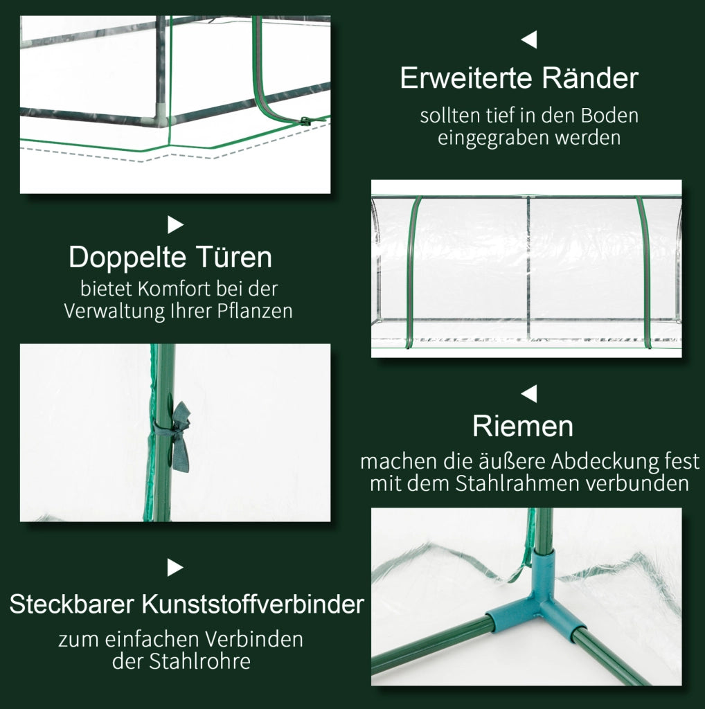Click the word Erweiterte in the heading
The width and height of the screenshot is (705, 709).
467,78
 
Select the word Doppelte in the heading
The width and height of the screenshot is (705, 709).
127,258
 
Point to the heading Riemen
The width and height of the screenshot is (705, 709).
523,426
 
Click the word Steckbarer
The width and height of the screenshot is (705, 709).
71,604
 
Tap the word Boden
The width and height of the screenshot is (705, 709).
609,116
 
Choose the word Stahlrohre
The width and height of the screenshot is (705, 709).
200,661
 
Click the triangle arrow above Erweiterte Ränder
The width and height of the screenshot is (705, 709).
529,39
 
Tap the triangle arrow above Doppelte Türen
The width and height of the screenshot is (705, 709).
175,225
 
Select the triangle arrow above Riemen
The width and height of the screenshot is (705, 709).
529,393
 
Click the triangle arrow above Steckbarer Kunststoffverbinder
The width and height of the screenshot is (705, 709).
175,568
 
